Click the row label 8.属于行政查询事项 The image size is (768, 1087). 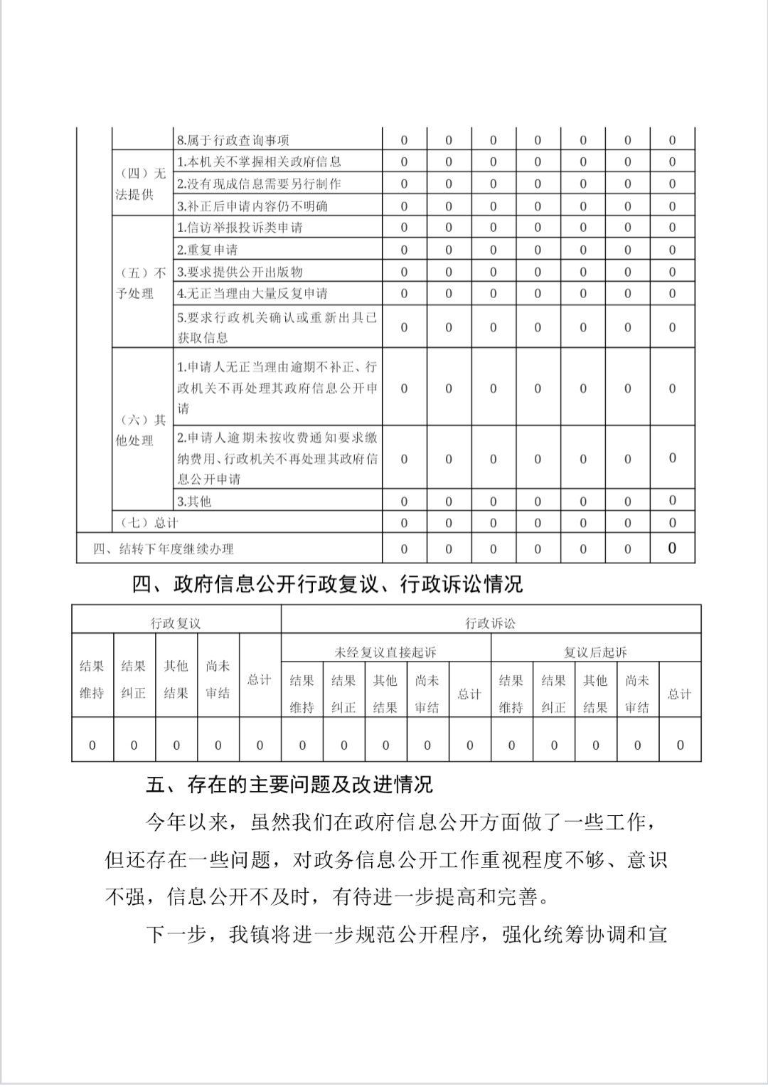pyautogui.click(x=233, y=140)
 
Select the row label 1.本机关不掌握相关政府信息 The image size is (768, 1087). pyautogui.click(x=259, y=162)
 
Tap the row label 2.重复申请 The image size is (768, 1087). pyautogui.click(x=207, y=250)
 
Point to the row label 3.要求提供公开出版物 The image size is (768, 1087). pyautogui.click(x=240, y=272)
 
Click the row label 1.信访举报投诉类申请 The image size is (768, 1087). pyautogui.click(x=240, y=228)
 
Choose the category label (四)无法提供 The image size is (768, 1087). pyautogui.click(x=140, y=184)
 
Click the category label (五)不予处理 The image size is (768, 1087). pyautogui.click(x=140, y=283)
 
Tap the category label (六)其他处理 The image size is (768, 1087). pyautogui.click(x=140, y=430)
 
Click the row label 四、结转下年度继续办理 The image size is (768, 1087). pyautogui.click(x=164, y=549)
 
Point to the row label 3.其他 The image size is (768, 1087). pyautogui.click(x=194, y=502)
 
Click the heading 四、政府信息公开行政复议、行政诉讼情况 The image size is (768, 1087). pyautogui.click(x=327, y=585)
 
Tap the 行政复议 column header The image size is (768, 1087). pyautogui.click(x=176, y=623)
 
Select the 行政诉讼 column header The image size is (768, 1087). pyautogui.click(x=490, y=623)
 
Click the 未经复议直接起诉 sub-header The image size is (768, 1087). pyautogui.click(x=385, y=652)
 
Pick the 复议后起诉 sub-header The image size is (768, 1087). pyautogui.click(x=595, y=652)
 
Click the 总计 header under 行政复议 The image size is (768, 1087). pyautogui.click(x=260, y=679)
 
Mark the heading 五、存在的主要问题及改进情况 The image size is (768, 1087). pyautogui.click(x=289, y=785)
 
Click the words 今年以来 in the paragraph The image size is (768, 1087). pyautogui.click(x=186, y=822)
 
